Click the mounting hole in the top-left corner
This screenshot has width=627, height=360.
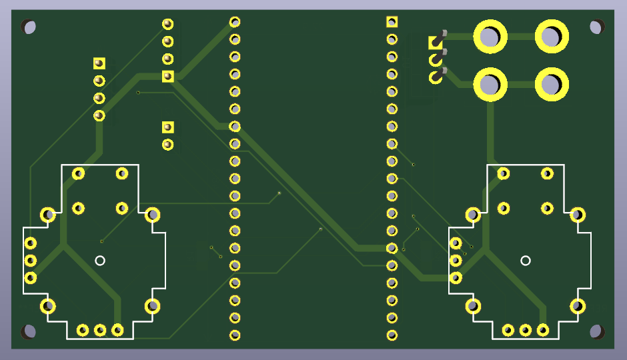click(29, 27)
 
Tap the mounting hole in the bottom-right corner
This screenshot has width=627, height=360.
click(597, 331)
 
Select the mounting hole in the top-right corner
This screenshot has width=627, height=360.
click(597, 27)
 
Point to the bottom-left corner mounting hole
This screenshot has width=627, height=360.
click(29, 331)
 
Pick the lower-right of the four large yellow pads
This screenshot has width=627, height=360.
click(551, 85)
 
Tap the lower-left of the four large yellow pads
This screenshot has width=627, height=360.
click(490, 85)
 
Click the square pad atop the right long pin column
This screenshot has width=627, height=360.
click(392, 22)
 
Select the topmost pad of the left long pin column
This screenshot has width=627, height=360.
click(235, 22)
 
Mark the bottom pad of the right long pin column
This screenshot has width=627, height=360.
click(392, 335)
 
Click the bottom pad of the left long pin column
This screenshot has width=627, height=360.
click(235, 335)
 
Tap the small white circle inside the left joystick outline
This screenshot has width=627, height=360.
click(100, 260)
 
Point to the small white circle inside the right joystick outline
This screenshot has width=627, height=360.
click(526, 260)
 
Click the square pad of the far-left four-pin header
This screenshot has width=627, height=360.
click(99, 63)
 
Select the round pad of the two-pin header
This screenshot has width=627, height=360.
click(167, 144)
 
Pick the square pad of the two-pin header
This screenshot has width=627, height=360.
click(167, 127)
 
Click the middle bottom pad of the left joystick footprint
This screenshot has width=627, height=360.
click(100, 330)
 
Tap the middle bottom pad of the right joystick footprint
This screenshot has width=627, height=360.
click(526, 330)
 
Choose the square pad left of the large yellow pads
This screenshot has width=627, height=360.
click(435, 43)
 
